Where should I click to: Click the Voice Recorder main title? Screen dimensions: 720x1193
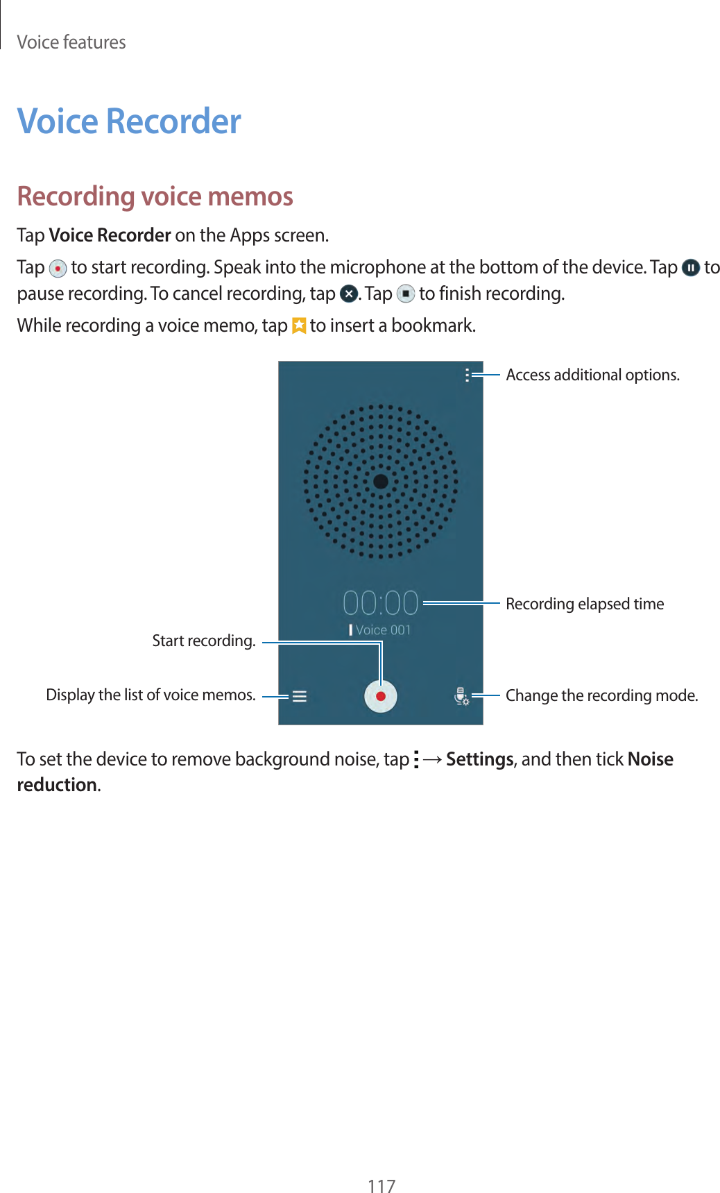coord(129,121)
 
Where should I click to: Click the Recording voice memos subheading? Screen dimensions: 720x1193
coord(155,196)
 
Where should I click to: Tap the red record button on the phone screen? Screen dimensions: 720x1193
coord(381,696)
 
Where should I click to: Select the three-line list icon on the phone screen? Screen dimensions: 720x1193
coord(300,696)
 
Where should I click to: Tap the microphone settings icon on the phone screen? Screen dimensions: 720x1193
coord(461,696)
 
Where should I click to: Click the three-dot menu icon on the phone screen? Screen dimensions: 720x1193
coord(467,375)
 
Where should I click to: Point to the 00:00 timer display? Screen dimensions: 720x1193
coord(381,603)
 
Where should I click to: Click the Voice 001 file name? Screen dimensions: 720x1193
coord(383,630)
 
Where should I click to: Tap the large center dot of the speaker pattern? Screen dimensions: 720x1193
coord(381,481)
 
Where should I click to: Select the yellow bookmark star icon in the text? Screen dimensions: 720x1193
coord(299,325)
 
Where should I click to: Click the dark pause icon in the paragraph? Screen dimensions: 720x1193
coord(690,268)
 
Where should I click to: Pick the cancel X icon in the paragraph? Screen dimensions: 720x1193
coord(348,294)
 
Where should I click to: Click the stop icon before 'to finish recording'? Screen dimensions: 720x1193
coord(406,294)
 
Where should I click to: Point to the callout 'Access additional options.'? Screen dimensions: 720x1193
coord(592,375)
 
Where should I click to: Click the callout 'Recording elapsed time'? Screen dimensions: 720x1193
coord(585,604)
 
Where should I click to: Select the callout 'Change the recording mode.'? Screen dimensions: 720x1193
coord(601,696)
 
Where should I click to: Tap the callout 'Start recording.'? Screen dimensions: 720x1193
coord(204,641)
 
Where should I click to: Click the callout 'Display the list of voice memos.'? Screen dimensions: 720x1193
coord(151,695)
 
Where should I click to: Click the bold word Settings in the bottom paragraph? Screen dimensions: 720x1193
coord(480,759)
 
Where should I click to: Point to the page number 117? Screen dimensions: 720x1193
coord(382,1185)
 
